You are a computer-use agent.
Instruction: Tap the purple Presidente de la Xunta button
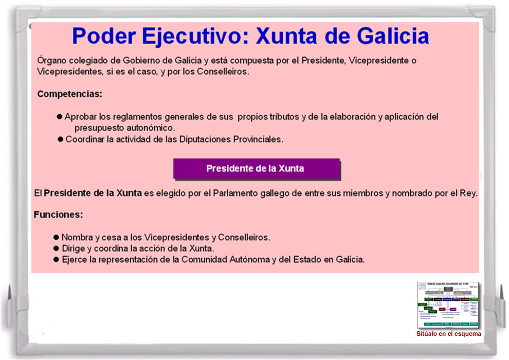coord(256,169)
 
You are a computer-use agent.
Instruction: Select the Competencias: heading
coord(70,95)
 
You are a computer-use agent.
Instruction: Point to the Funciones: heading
coord(58,214)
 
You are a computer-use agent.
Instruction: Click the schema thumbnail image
coord(447,305)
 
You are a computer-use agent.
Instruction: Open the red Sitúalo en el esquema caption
coord(448,334)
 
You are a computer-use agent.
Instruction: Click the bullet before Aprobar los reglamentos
coord(59,117)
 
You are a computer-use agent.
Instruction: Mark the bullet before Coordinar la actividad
coord(60,139)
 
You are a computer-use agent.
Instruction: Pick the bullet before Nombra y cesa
coord(56,238)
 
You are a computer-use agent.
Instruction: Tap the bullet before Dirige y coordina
coord(56,248)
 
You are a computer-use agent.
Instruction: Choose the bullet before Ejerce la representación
coord(56,260)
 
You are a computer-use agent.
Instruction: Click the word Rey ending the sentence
coord(468,194)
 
